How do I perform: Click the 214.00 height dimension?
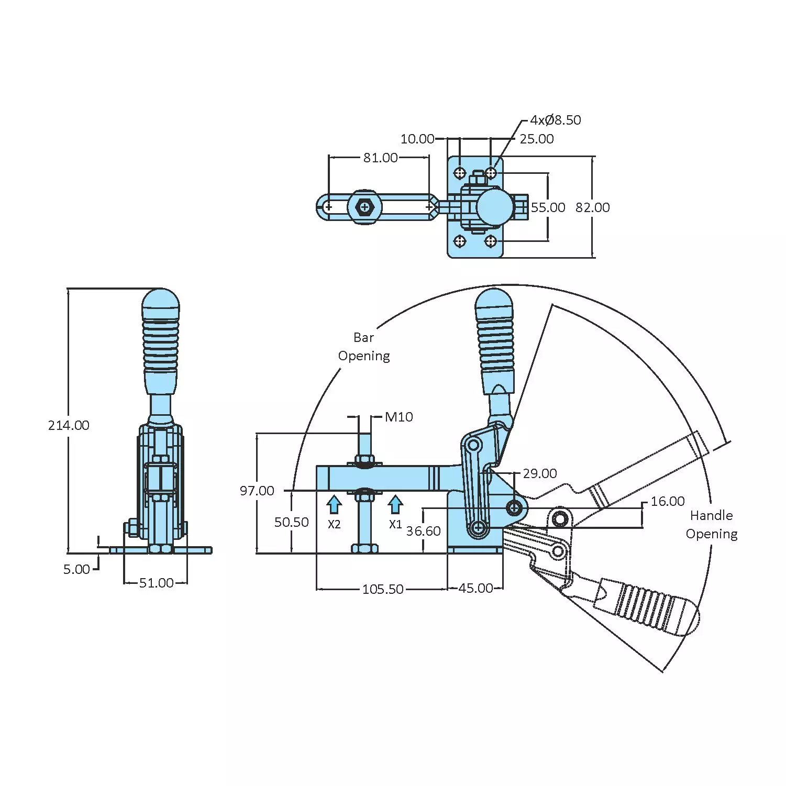click(x=69, y=425)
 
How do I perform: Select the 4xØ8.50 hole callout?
click(x=555, y=120)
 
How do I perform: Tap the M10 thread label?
click(x=398, y=417)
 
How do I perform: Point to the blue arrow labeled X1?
click(x=395, y=505)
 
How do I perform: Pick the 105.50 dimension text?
click(x=383, y=589)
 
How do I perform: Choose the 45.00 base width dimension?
click(x=475, y=588)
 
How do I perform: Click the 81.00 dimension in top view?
click(x=380, y=158)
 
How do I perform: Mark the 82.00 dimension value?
click(x=592, y=207)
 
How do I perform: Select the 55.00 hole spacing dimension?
click(x=548, y=207)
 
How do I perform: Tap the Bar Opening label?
click(x=364, y=347)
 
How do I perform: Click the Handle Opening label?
click(x=712, y=525)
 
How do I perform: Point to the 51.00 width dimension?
click(x=156, y=583)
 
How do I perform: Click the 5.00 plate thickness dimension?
click(x=76, y=569)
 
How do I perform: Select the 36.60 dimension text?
click(x=423, y=531)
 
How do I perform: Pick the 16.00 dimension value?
click(x=667, y=501)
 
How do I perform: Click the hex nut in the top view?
click(x=364, y=207)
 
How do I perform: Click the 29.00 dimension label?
click(x=539, y=473)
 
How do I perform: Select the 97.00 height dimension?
click(x=257, y=491)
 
